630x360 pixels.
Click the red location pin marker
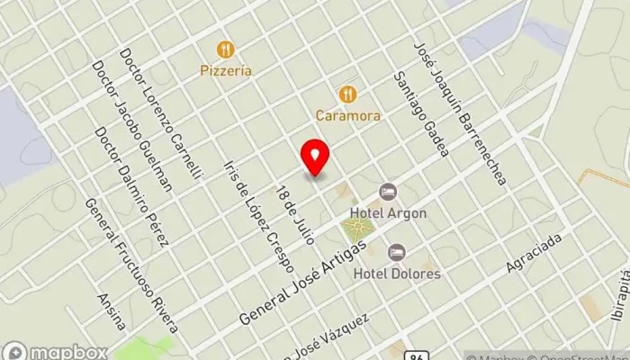315,158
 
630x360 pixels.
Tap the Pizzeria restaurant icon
225,49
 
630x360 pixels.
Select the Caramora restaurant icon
347,94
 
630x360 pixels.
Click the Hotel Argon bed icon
388,192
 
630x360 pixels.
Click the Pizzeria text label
225,70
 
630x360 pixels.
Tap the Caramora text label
347,115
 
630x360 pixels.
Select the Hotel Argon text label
389,213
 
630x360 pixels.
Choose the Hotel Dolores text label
397,273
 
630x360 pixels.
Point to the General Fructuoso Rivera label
131,265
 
